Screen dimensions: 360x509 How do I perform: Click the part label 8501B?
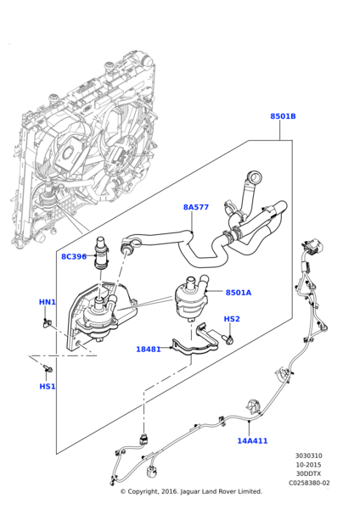click(x=283, y=116)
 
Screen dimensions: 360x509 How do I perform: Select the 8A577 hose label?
click(x=196, y=207)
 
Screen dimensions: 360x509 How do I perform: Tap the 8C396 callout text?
click(x=74, y=256)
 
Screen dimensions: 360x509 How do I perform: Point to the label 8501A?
click(x=239, y=293)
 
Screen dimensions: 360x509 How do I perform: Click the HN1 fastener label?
click(x=48, y=302)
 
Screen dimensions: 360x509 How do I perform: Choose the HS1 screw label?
click(x=48, y=386)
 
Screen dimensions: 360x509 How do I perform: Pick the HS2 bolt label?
click(x=232, y=319)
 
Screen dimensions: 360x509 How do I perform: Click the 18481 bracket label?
click(x=148, y=350)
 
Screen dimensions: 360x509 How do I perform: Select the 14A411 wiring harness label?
click(x=252, y=440)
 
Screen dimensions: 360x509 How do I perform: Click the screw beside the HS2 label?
click(x=228, y=338)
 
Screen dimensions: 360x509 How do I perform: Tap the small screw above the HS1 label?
click(x=47, y=368)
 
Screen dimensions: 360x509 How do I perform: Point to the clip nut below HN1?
click(x=48, y=322)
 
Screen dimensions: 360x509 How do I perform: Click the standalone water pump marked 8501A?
click(x=192, y=296)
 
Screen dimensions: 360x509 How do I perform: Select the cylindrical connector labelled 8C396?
click(x=101, y=253)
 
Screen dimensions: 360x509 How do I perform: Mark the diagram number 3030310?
click(x=309, y=456)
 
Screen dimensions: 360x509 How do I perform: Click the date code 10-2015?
click(x=309, y=465)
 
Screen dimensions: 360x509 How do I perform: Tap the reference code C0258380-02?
click(x=309, y=483)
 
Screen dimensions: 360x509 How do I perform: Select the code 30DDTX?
click(x=309, y=473)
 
